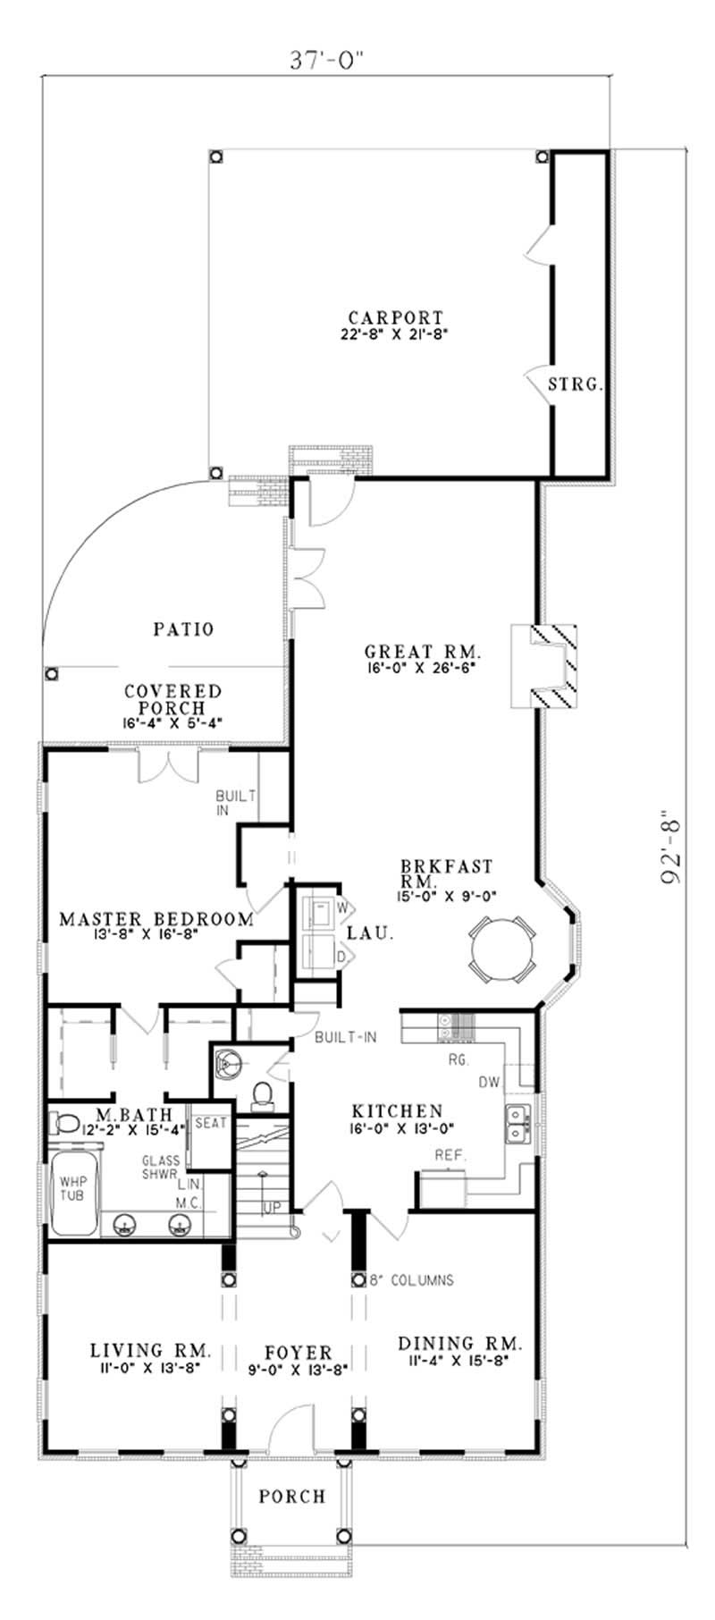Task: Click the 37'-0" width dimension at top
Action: (329, 60)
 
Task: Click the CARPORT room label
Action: (396, 317)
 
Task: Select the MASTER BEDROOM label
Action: (156, 918)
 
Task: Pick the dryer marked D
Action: (316, 956)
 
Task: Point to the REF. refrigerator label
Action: (450, 1156)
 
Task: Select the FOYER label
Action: (299, 1354)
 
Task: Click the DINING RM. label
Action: (459, 1344)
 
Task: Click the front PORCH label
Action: (291, 1497)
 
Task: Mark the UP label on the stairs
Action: (272, 1208)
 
